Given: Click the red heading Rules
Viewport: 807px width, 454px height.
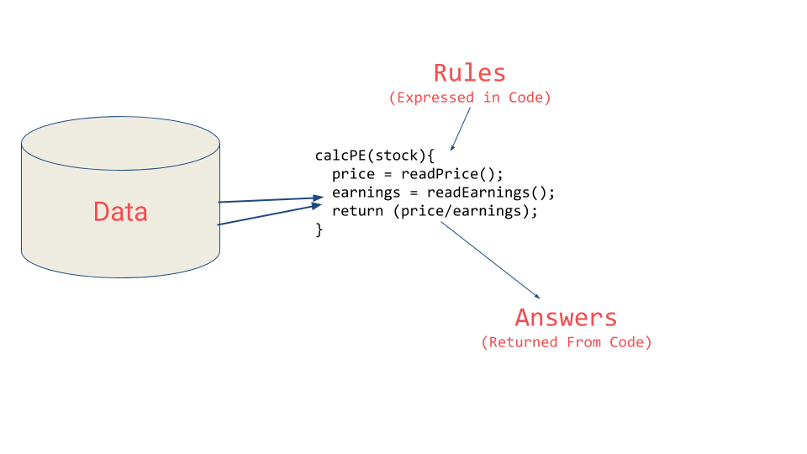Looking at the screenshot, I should (x=469, y=72).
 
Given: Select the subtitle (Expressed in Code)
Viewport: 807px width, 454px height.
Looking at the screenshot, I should (x=469, y=98).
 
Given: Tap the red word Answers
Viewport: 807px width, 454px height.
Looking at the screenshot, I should (x=566, y=318).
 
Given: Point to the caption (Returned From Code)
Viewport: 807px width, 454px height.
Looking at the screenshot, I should (x=566, y=342).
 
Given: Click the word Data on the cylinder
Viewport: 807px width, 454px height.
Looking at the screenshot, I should (x=120, y=211).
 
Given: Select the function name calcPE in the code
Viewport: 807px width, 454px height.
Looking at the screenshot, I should (x=340, y=156).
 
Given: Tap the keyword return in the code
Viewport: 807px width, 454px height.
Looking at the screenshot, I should (x=357, y=211).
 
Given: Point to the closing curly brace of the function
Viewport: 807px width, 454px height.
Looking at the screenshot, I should (x=319, y=230).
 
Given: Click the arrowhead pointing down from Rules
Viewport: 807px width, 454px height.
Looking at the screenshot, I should (x=452, y=147).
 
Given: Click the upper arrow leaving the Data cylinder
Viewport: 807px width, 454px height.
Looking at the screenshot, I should (x=269, y=200).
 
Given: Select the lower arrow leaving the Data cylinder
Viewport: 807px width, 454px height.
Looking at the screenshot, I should (x=269, y=214).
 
